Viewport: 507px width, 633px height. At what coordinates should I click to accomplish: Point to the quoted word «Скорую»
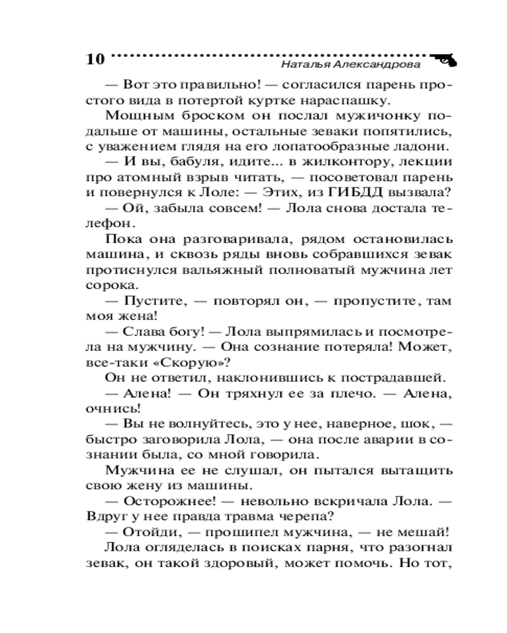[189, 363]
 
